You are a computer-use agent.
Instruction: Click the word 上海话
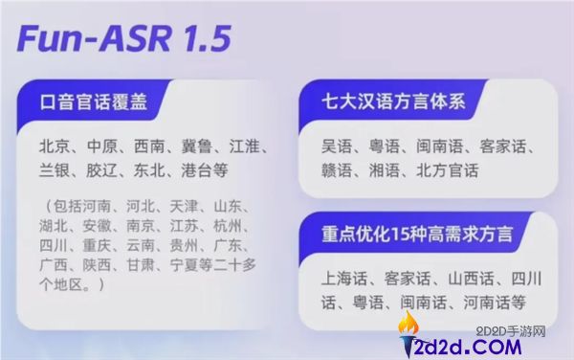click(345, 279)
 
